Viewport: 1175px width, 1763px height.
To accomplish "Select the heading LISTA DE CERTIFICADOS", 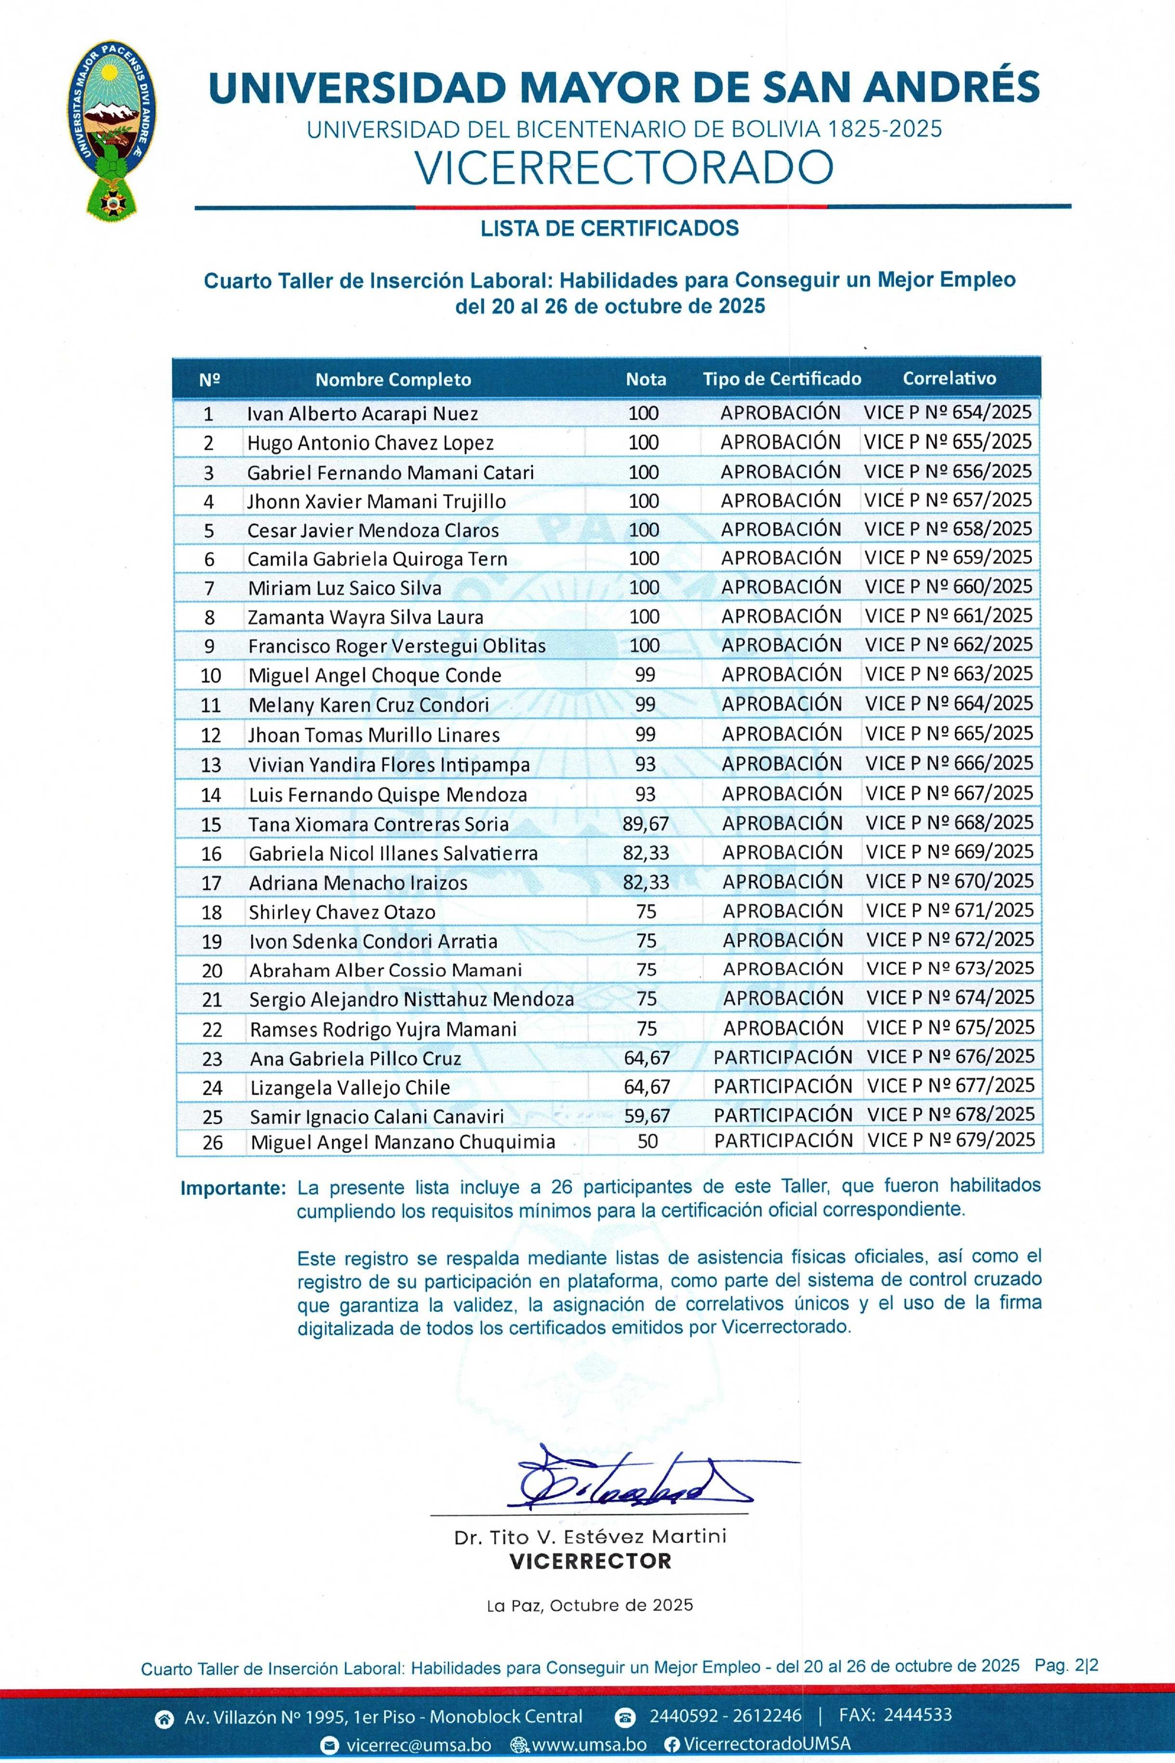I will point(609,228).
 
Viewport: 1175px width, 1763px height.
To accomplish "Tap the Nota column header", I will point(646,379).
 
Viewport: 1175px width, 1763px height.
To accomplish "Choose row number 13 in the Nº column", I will point(211,765).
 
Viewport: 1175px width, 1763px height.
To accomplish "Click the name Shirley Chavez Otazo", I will point(342,912).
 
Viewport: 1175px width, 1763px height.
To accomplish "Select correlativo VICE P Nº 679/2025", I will point(951,1140).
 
